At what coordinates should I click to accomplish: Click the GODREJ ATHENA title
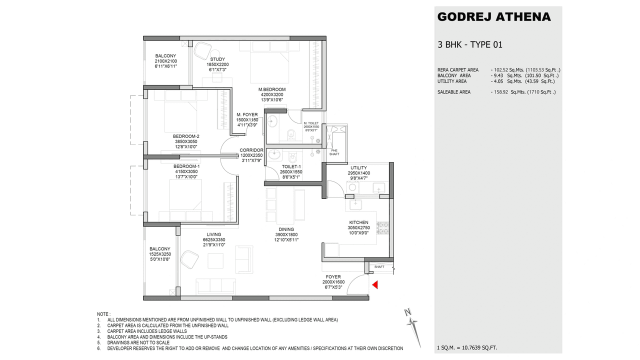(x=493, y=17)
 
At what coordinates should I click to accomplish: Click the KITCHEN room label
(x=358, y=222)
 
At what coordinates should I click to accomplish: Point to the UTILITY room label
(x=358, y=168)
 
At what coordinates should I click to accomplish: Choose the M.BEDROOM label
(x=272, y=89)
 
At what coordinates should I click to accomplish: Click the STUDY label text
(x=217, y=59)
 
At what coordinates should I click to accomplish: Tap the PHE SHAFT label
(x=334, y=152)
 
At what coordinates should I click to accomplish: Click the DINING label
(x=286, y=229)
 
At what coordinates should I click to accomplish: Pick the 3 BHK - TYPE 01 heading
(x=469, y=45)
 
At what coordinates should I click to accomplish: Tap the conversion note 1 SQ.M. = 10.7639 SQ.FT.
(x=467, y=347)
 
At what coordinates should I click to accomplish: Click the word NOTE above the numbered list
(x=103, y=313)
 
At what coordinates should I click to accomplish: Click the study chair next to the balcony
(x=202, y=50)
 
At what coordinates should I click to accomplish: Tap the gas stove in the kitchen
(x=383, y=228)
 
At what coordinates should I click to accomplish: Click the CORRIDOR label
(x=251, y=150)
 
